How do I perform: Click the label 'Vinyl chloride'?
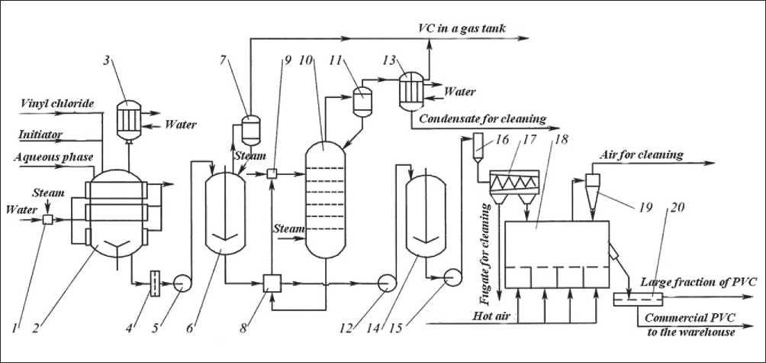tap(58, 103)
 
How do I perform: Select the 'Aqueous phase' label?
tap(53, 157)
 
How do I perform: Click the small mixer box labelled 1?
tap(47, 220)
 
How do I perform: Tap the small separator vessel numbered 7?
tap(251, 129)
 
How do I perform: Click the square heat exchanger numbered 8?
tap(272, 284)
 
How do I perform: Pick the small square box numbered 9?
tap(272, 173)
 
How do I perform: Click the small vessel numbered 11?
tap(362, 101)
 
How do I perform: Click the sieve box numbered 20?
tap(638, 299)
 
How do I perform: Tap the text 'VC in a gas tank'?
tap(462, 28)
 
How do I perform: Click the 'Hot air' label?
tap(491, 316)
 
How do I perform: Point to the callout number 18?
tap(562, 139)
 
